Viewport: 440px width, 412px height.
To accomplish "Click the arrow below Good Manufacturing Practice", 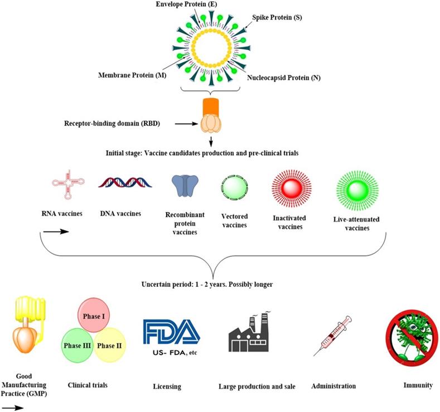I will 13,407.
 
